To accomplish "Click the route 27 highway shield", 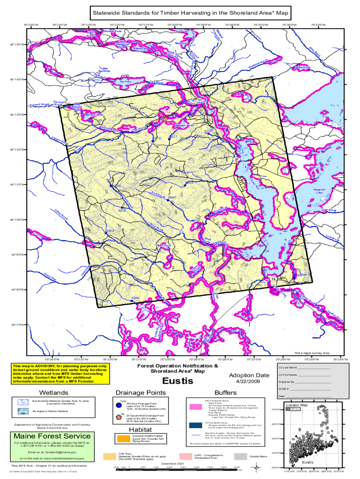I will pyautogui.click(x=237, y=160).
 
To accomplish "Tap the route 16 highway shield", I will pyautogui.click(x=273, y=279).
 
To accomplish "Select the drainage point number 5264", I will pyautogui.click(x=136, y=298).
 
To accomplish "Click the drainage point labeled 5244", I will pyautogui.click(x=110, y=231).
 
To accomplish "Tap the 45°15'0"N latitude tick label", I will pyautogui.click(x=17, y=45).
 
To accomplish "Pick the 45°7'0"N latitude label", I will pyautogui.click(x=17, y=324).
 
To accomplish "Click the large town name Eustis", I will pyautogui.click(x=175, y=382).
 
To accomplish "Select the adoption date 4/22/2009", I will pyautogui.click(x=249, y=382).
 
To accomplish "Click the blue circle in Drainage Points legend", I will pyautogui.click(x=119, y=405).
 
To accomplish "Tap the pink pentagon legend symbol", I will pyautogui.click(x=119, y=417).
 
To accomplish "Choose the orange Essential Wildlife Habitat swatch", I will pyautogui.click(x=123, y=438).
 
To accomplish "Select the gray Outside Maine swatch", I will pyautogui.click(x=240, y=456).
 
